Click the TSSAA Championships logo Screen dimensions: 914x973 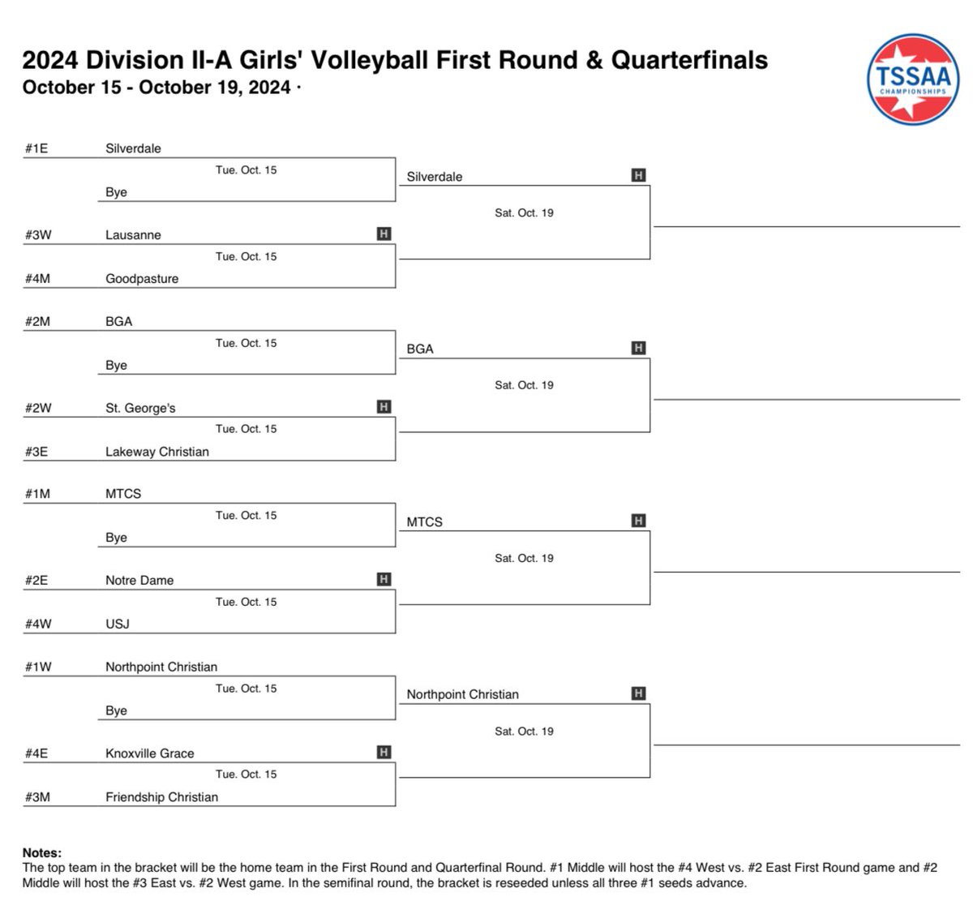pos(913,79)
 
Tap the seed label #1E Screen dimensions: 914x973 pos(36,148)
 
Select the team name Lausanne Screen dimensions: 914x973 pos(133,235)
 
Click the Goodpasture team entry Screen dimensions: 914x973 pos(142,278)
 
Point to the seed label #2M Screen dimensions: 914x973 pos(37,321)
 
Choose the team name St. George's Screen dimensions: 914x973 pos(140,408)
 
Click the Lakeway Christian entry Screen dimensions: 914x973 pos(157,452)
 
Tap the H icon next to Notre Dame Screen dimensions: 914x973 pos(384,579)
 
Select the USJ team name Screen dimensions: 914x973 pos(118,624)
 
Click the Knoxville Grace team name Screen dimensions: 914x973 pos(150,753)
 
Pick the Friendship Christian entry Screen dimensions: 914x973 pos(161,797)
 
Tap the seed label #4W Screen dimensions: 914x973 pos(38,624)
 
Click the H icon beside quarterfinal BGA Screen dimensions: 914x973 pos(639,348)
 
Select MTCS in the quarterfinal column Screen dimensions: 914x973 pos(424,522)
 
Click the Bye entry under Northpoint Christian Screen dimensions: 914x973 pos(116,710)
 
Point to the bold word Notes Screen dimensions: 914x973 pos(41,853)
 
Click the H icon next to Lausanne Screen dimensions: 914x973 pos(384,234)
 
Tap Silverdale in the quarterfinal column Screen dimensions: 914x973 pos(435,177)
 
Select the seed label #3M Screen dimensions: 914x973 pos(37,797)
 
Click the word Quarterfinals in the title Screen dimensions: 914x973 pos(689,60)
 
